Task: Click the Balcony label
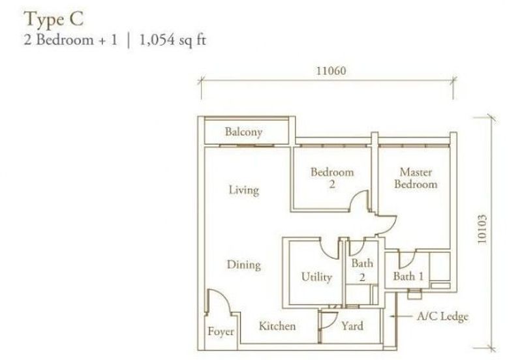click(243, 132)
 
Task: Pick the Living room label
click(243, 190)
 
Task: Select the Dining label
click(243, 265)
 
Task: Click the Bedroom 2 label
click(331, 178)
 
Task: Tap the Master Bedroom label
click(418, 178)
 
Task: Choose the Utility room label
click(316, 277)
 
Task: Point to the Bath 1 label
click(408, 277)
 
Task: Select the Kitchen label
click(277, 326)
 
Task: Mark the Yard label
click(352, 326)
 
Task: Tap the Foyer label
click(221, 332)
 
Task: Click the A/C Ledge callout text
click(443, 317)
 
